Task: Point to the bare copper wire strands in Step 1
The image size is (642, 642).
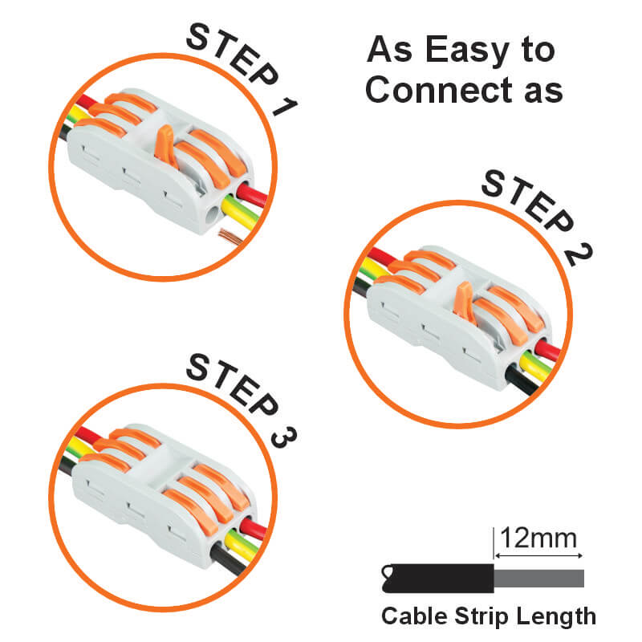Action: (x=230, y=237)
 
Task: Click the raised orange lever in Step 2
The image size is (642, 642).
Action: (x=465, y=302)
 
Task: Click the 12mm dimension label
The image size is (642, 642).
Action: (x=538, y=538)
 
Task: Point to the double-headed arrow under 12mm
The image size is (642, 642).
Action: (x=538, y=555)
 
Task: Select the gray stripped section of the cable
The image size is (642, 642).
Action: (x=538, y=578)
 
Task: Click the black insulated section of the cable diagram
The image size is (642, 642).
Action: (x=438, y=578)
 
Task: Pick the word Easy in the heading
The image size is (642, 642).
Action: (x=468, y=51)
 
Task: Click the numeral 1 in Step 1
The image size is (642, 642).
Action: (x=285, y=106)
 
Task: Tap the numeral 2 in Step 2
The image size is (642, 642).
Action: (x=579, y=255)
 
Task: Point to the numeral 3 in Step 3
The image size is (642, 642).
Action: (x=284, y=437)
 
